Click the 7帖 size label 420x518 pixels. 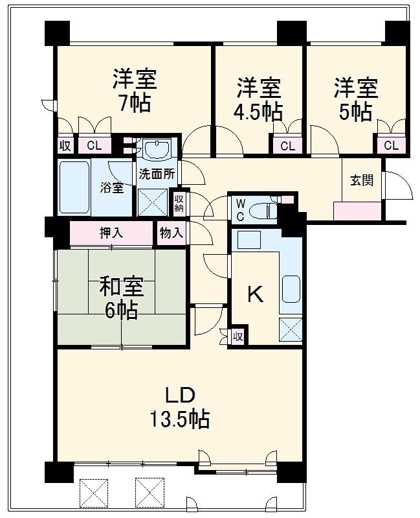click(135, 103)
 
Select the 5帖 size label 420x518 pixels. click(356, 112)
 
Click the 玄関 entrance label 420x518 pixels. click(362, 181)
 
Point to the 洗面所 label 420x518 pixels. click(156, 174)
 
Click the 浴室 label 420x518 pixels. click(111, 188)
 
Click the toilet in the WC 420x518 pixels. click(264, 211)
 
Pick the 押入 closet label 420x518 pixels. click(111, 233)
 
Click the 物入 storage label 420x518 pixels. click(171, 233)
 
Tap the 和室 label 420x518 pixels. click(122, 285)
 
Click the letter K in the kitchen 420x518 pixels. click(256, 296)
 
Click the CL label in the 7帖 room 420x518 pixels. click(94, 146)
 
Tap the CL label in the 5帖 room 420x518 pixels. click(391, 146)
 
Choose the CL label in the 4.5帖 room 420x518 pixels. click(287, 146)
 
